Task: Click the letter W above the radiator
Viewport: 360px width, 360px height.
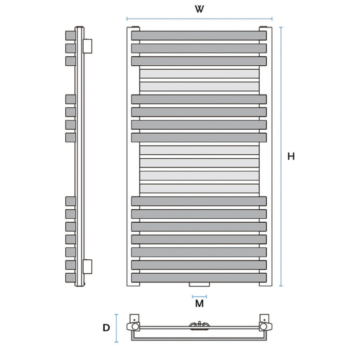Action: [x=199, y=9]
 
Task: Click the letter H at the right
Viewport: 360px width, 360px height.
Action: [x=291, y=156]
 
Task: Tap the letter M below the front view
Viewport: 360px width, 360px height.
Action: [x=199, y=303]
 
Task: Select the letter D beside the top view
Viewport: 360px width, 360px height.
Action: [x=106, y=328]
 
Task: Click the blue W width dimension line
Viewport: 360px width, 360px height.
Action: [x=199, y=19]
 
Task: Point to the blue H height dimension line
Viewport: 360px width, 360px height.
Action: [x=281, y=157]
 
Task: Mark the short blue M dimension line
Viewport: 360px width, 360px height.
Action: [x=199, y=297]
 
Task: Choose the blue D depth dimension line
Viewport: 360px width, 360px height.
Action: [x=117, y=328]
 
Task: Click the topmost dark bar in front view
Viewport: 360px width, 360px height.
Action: [x=199, y=36]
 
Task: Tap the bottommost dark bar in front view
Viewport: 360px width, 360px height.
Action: [x=199, y=278]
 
